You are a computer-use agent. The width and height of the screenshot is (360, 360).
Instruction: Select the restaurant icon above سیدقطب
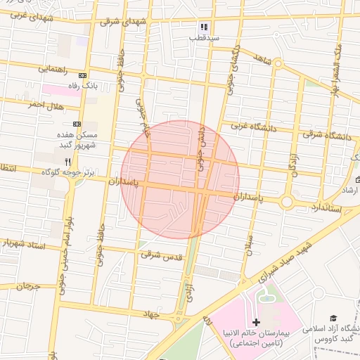tap(204, 27)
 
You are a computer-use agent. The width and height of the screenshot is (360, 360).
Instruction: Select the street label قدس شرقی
tap(161, 256)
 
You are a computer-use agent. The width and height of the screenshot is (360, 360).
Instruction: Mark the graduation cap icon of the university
tap(333, 319)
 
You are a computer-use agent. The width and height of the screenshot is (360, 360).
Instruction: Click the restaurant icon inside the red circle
tap(186, 160)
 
